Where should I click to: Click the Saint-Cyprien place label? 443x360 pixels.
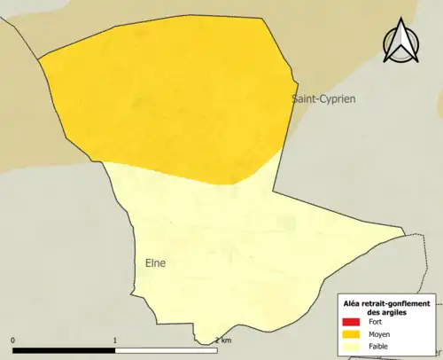(323, 99)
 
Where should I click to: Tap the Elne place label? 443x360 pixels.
(155, 263)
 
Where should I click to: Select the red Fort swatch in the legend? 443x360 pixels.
(350, 322)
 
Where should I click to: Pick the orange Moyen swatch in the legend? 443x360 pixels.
(350, 334)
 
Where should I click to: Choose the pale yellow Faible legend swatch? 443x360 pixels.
(350, 346)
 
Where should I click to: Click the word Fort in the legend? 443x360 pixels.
(377, 322)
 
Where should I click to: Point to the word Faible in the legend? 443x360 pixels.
(381, 346)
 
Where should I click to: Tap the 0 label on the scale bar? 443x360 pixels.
(12, 340)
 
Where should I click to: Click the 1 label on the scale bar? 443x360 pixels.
(115, 340)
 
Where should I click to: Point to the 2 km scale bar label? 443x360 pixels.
(222, 340)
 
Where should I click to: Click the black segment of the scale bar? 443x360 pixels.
(64, 349)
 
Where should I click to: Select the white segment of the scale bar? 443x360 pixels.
(167, 349)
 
